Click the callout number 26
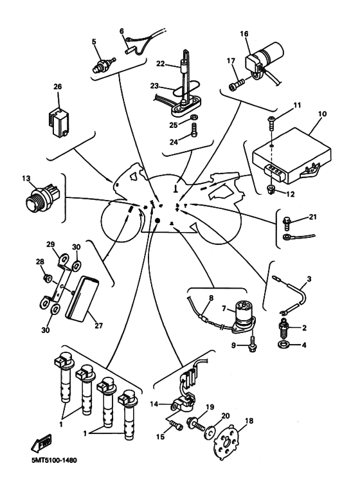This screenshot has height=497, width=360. tap(58, 86)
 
